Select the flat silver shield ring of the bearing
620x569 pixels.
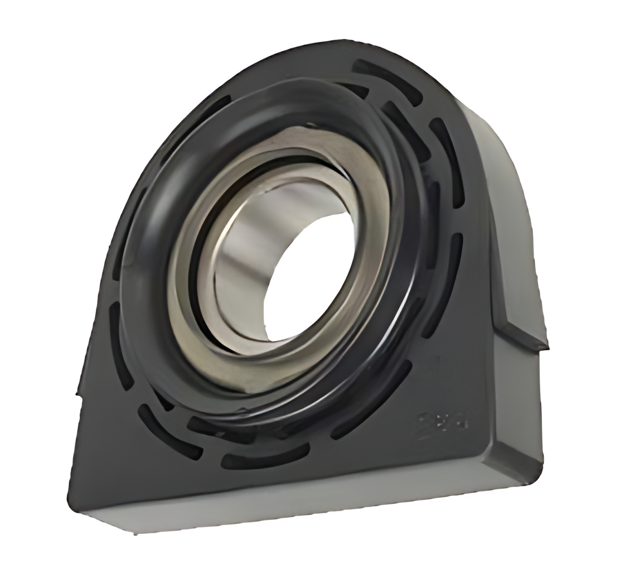pos(357,184)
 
